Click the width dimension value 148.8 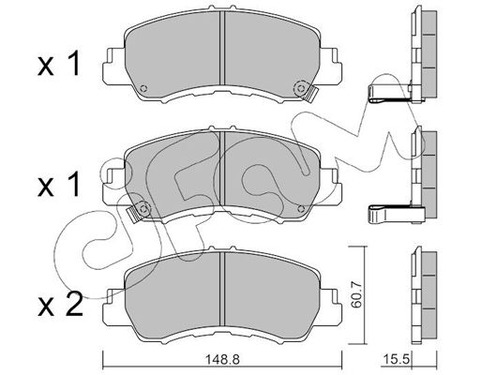tap(222, 360)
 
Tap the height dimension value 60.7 tap(356, 294)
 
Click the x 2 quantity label tap(60, 305)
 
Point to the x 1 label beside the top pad tap(59, 64)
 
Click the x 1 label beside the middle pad tap(59, 186)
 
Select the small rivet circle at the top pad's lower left tap(143, 88)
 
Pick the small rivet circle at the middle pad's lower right tap(302, 209)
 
